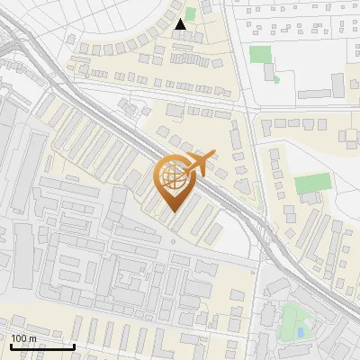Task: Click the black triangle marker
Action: pyautogui.click(x=182, y=24)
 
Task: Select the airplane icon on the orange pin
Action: pyautogui.click(x=198, y=164)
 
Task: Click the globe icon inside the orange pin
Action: pyautogui.click(x=175, y=177)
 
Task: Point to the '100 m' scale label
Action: pyautogui.click(x=23, y=338)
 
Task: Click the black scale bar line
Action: pyautogui.click(x=42, y=346)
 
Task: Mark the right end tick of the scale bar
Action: pyautogui.click(x=74, y=345)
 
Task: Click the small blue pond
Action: pyautogui.click(x=300, y=333)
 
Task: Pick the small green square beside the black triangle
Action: pyautogui.click(x=190, y=13)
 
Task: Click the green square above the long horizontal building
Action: pyautogui.click(x=261, y=54)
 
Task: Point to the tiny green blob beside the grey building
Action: pyautogui.click(x=276, y=78)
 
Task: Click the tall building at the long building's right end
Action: pyautogui.click(x=337, y=85)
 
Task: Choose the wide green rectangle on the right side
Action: pyautogui.click(x=312, y=184)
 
